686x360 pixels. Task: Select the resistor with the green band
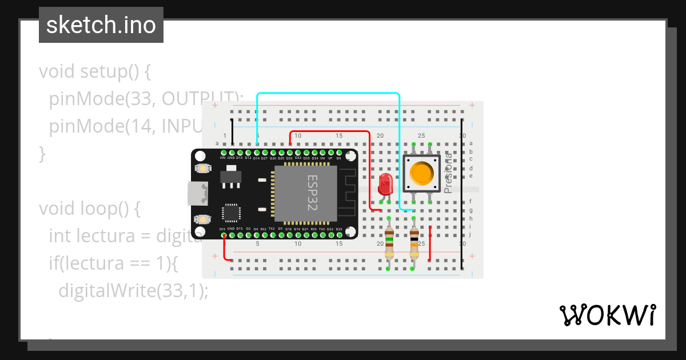389,242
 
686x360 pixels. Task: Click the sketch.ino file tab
101,25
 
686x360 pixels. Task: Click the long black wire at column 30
462,194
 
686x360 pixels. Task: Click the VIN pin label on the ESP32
223,158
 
